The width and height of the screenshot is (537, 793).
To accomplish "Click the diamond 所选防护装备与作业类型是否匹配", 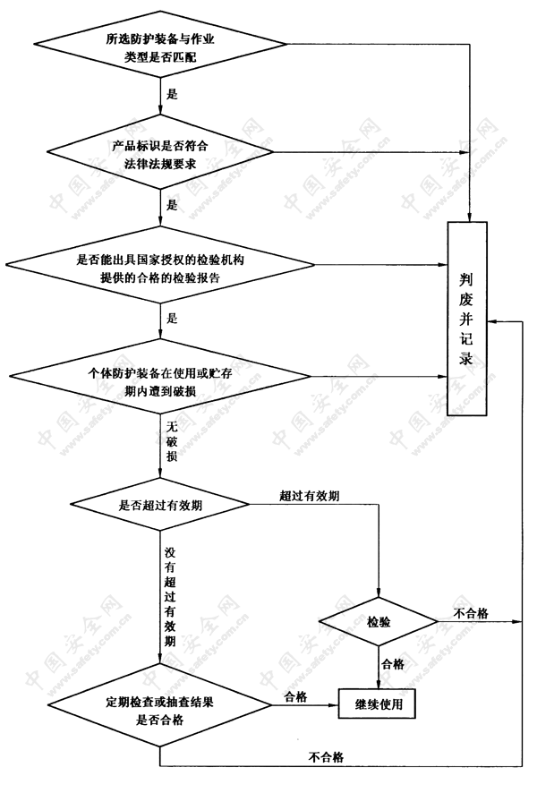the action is (160, 44).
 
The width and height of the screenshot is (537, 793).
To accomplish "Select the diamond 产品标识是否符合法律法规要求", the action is (160, 151).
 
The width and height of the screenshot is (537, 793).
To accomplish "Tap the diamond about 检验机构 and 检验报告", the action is (160, 265).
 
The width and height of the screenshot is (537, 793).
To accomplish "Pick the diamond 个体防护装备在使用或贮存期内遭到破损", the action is (160, 377).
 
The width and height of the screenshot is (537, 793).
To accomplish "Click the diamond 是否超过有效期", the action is (160, 504).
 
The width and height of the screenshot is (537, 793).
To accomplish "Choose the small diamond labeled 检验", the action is (379, 621).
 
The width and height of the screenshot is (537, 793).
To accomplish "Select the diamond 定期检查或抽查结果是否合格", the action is (160, 705).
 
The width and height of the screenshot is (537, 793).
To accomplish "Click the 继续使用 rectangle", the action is (377, 703).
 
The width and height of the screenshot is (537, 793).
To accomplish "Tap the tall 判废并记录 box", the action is (466, 319).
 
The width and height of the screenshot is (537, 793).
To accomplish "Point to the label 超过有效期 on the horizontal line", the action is (310, 496).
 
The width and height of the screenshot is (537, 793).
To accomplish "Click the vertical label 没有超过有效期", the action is (170, 597).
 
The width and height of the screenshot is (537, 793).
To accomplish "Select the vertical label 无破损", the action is (172, 441).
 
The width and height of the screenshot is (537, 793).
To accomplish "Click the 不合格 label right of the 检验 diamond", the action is (471, 613).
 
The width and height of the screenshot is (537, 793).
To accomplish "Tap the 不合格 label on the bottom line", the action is (326, 757).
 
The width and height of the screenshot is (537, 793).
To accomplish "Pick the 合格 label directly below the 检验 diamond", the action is (393, 664).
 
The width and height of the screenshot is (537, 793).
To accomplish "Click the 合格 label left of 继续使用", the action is (296, 697).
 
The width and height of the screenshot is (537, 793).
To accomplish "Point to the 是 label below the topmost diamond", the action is (172, 94).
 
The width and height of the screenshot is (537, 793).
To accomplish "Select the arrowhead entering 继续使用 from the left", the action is (333, 704).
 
